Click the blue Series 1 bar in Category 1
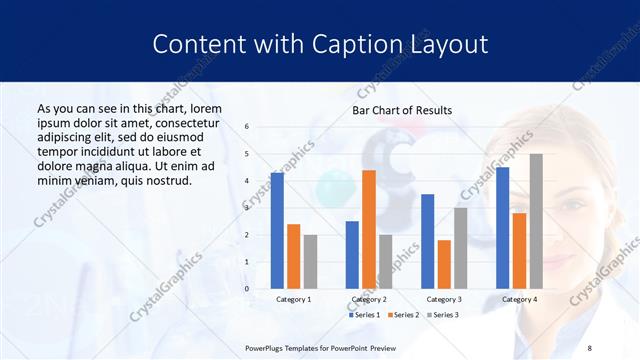pos(277,231)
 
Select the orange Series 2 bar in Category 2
pos(369,229)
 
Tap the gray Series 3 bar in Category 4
pos(536,221)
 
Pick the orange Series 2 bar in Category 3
pos(444,264)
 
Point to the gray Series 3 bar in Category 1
pos(310,262)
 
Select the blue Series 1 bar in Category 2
pos(352,255)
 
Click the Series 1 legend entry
pos(365,315)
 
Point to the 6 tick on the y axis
pos(248,127)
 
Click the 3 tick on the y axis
pos(248,208)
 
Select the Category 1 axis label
pos(294,299)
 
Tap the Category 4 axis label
pos(519,299)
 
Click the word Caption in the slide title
pos(356,44)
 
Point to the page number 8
pos(590,347)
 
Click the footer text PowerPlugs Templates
pos(290,347)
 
